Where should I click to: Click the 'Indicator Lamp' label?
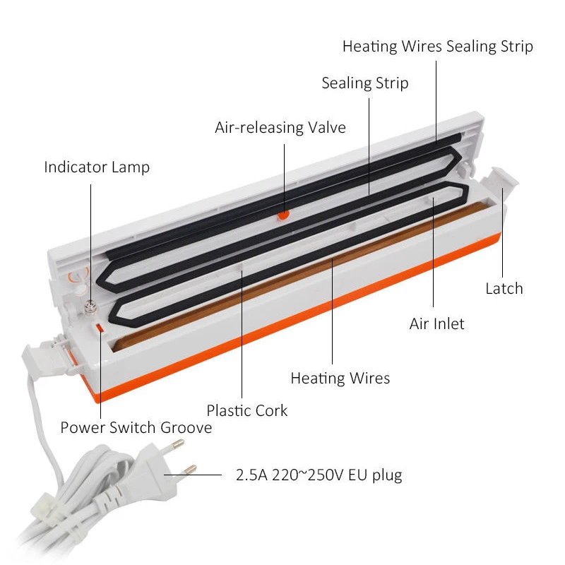97,167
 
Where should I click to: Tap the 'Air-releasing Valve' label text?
280,128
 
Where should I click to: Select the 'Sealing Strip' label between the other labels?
365,83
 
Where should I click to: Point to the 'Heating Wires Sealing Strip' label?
437,47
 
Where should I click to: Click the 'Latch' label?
504,288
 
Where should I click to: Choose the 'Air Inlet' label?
437,323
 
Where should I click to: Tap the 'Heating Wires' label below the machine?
340,379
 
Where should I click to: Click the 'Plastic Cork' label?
247,410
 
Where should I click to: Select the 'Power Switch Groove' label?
136,428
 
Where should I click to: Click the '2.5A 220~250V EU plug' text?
319,475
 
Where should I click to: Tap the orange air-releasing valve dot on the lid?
283,213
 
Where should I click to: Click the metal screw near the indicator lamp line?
90,306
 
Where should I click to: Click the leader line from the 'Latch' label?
503,233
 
